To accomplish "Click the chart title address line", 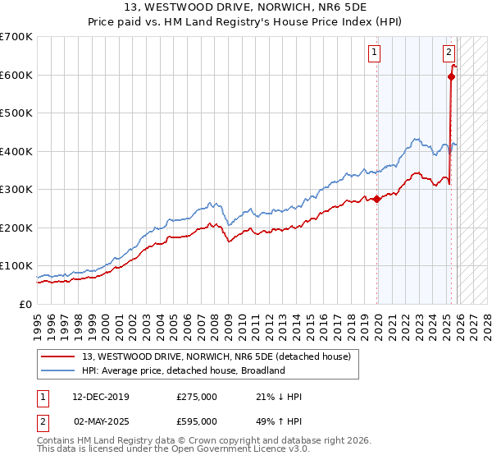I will coord(245,9).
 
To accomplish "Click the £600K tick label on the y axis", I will coord(16,75).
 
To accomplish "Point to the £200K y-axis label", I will coord(16,228).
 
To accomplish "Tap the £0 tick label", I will coord(26,304).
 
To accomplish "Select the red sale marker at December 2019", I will coord(376,199).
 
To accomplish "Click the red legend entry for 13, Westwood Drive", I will coord(216,356).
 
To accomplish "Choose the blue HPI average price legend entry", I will coord(183,370).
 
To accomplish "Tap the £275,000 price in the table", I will coord(197,397).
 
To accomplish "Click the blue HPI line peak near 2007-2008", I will coord(211,202).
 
